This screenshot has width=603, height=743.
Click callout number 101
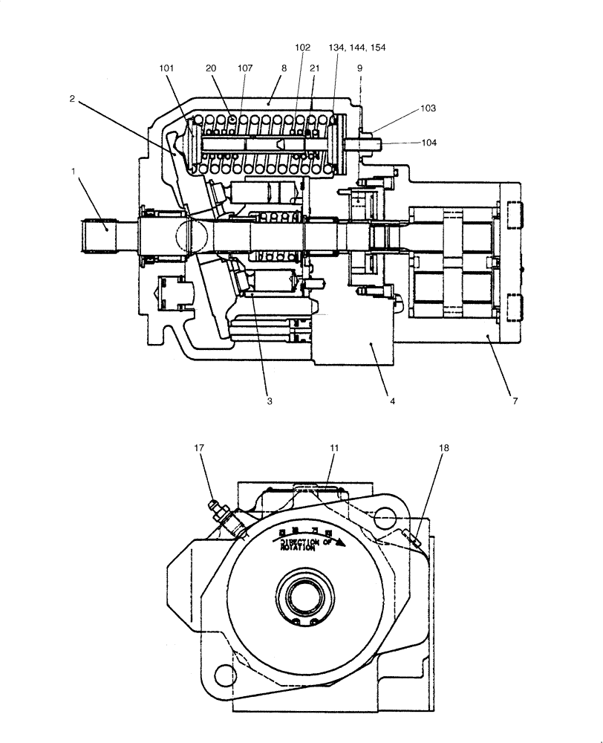tap(166, 68)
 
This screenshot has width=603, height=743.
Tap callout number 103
tap(428, 108)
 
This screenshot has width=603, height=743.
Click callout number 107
tap(244, 68)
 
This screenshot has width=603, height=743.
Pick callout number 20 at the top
tap(211, 68)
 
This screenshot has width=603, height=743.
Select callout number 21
tap(314, 68)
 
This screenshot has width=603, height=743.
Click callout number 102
tap(302, 48)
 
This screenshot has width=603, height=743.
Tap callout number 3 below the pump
tap(270, 400)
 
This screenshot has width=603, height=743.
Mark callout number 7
tap(515, 400)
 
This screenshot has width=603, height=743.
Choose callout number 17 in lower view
tap(200, 448)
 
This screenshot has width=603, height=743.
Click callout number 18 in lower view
tap(444, 448)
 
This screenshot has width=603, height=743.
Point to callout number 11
tap(334, 448)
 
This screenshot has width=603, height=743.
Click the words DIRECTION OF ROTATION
tap(307, 545)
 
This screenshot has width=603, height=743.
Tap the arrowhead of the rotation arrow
tap(342, 542)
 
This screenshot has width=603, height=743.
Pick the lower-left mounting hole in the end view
tap(224, 675)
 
